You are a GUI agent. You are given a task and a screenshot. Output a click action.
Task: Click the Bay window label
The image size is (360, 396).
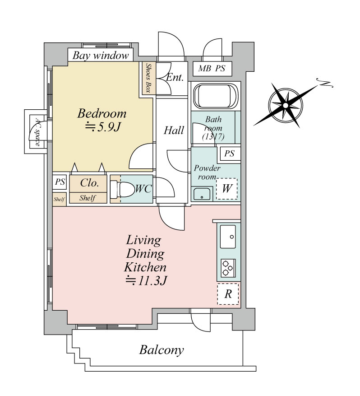[x=101, y=56]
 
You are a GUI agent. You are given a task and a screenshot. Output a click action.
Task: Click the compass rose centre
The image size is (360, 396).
[x=285, y=105]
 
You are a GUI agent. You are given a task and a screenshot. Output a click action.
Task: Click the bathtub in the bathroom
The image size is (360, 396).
[x=215, y=96]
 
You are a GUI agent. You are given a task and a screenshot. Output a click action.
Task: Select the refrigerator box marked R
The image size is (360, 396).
[x=228, y=294]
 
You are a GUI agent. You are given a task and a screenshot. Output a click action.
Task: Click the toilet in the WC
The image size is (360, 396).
[x=122, y=189]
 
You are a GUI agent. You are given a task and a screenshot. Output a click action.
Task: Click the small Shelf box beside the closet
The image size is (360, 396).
[x=59, y=199]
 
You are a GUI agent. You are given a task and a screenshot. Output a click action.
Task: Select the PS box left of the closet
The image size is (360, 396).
[x=60, y=182]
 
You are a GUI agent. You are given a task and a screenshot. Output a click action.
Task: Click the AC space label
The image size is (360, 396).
[x=36, y=131]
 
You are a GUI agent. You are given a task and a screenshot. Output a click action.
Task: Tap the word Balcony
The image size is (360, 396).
[x=161, y=349]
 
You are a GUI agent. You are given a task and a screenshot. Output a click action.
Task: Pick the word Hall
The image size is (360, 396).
[x=174, y=130]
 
